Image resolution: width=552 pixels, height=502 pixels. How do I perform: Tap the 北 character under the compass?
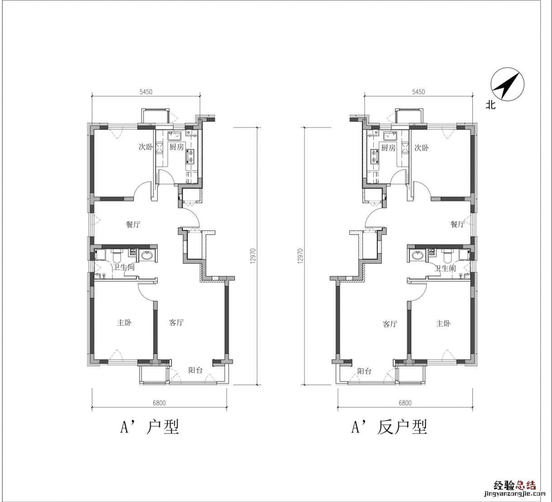click(x=490, y=105)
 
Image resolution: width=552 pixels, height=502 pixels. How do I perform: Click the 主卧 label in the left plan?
click(x=124, y=322)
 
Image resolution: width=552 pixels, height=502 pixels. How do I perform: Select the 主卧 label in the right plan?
click(x=443, y=323)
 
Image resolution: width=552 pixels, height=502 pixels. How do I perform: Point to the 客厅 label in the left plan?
click(x=176, y=322)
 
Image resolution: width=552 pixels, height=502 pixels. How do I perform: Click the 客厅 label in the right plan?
click(x=390, y=324)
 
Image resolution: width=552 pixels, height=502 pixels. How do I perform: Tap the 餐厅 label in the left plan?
click(x=133, y=224)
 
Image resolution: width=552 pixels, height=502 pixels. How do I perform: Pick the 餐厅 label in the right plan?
click(x=457, y=224)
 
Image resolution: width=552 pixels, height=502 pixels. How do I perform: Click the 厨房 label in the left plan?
click(x=176, y=147)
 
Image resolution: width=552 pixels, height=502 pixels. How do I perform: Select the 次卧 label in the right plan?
click(x=422, y=148)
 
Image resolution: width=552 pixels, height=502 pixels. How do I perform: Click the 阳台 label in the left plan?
click(x=195, y=370)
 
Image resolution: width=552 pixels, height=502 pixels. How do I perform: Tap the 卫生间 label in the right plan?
click(x=445, y=268)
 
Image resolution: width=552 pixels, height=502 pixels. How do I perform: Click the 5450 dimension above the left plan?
click(x=146, y=92)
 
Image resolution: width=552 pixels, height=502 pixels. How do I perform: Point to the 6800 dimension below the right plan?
click(x=405, y=403)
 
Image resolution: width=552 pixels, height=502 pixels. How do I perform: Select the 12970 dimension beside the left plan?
click(x=253, y=256)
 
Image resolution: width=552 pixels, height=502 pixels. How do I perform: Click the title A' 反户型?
click(x=389, y=428)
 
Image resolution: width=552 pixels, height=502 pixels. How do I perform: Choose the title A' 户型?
click(x=150, y=427)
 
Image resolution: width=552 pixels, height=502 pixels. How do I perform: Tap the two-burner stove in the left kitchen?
click(x=190, y=156)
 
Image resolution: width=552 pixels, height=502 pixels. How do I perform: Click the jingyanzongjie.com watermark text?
click(x=515, y=494)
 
